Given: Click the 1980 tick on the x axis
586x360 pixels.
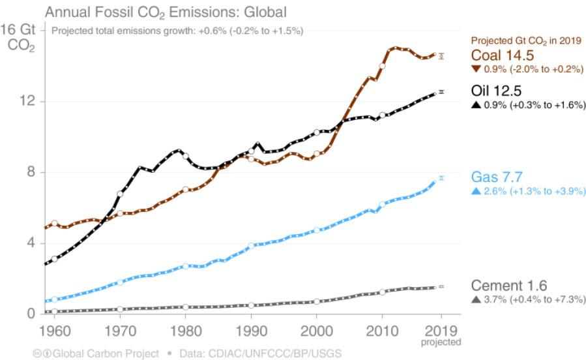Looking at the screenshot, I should (185, 329).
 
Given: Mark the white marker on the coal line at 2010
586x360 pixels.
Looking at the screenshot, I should (382, 66).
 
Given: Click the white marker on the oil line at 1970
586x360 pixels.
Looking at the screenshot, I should (120, 194).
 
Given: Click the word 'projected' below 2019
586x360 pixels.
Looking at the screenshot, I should (442, 342).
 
